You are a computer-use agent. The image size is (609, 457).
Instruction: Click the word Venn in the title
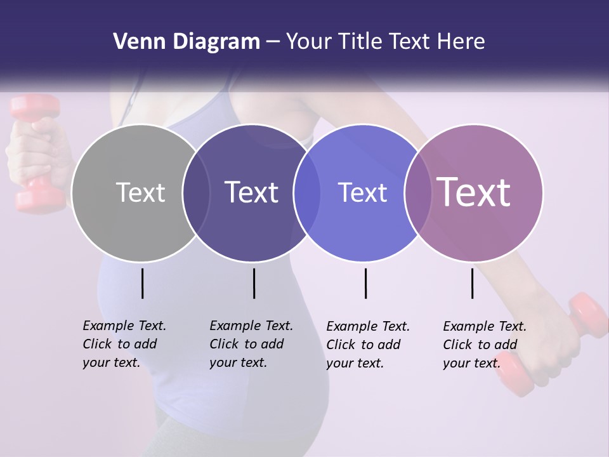point(134,42)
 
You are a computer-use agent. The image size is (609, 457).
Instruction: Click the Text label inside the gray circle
point(140,192)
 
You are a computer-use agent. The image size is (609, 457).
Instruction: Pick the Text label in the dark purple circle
point(252,192)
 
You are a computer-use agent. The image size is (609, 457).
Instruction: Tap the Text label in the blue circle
point(362,192)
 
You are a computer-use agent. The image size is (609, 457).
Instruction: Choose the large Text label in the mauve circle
point(474,192)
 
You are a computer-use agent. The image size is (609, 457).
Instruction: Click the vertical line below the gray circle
point(142,283)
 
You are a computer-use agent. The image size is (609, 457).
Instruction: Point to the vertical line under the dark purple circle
point(254,283)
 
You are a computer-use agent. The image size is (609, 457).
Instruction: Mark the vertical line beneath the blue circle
point(365,283)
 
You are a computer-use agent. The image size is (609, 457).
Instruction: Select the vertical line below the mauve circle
point(472,283)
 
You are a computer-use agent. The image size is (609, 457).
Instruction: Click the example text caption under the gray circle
point(124,344)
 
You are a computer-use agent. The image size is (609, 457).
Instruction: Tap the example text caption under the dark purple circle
point(251,344)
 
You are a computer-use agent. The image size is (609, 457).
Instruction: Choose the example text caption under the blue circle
point(367,345)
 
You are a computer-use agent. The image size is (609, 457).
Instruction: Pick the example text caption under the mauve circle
point(484,345)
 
